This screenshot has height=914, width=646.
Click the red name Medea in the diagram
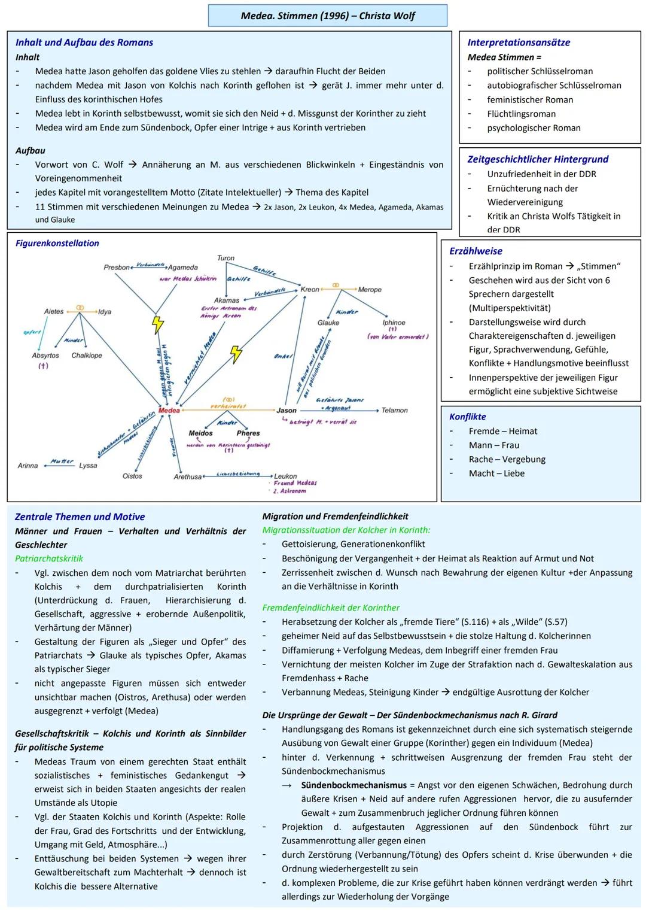coord(169,411)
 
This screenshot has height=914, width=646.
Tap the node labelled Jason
coord(287,411)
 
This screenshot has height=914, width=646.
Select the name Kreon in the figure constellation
coord(310,289)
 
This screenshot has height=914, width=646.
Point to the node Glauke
coord(328,323)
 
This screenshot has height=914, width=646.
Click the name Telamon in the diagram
coord(394,411)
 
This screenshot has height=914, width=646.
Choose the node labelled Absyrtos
coord(45,356)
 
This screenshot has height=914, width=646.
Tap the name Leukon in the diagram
coord(285,476)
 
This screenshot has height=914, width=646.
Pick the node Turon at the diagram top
coord(226,258)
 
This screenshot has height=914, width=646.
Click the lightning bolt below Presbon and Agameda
coord(157,324)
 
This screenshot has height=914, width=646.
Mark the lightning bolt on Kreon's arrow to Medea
coord(236,354)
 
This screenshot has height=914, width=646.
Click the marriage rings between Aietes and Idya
coord(80,308)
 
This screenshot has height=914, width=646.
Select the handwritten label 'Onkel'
coord(282,356)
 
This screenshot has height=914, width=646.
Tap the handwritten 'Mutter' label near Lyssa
coord(62,461)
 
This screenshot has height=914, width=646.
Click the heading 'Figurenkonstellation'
coord(57,243)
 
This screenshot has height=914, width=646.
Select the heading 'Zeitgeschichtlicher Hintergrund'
coord(538,159)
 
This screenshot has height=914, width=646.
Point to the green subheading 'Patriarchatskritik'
coord(49,558)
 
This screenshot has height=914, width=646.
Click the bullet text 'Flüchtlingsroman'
coord(521,114)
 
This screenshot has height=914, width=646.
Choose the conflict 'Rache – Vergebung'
coord(507,459)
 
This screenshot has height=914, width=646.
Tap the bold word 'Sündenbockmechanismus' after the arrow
coord(354,785)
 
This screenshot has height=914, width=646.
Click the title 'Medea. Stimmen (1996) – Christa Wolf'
coord(327,16)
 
